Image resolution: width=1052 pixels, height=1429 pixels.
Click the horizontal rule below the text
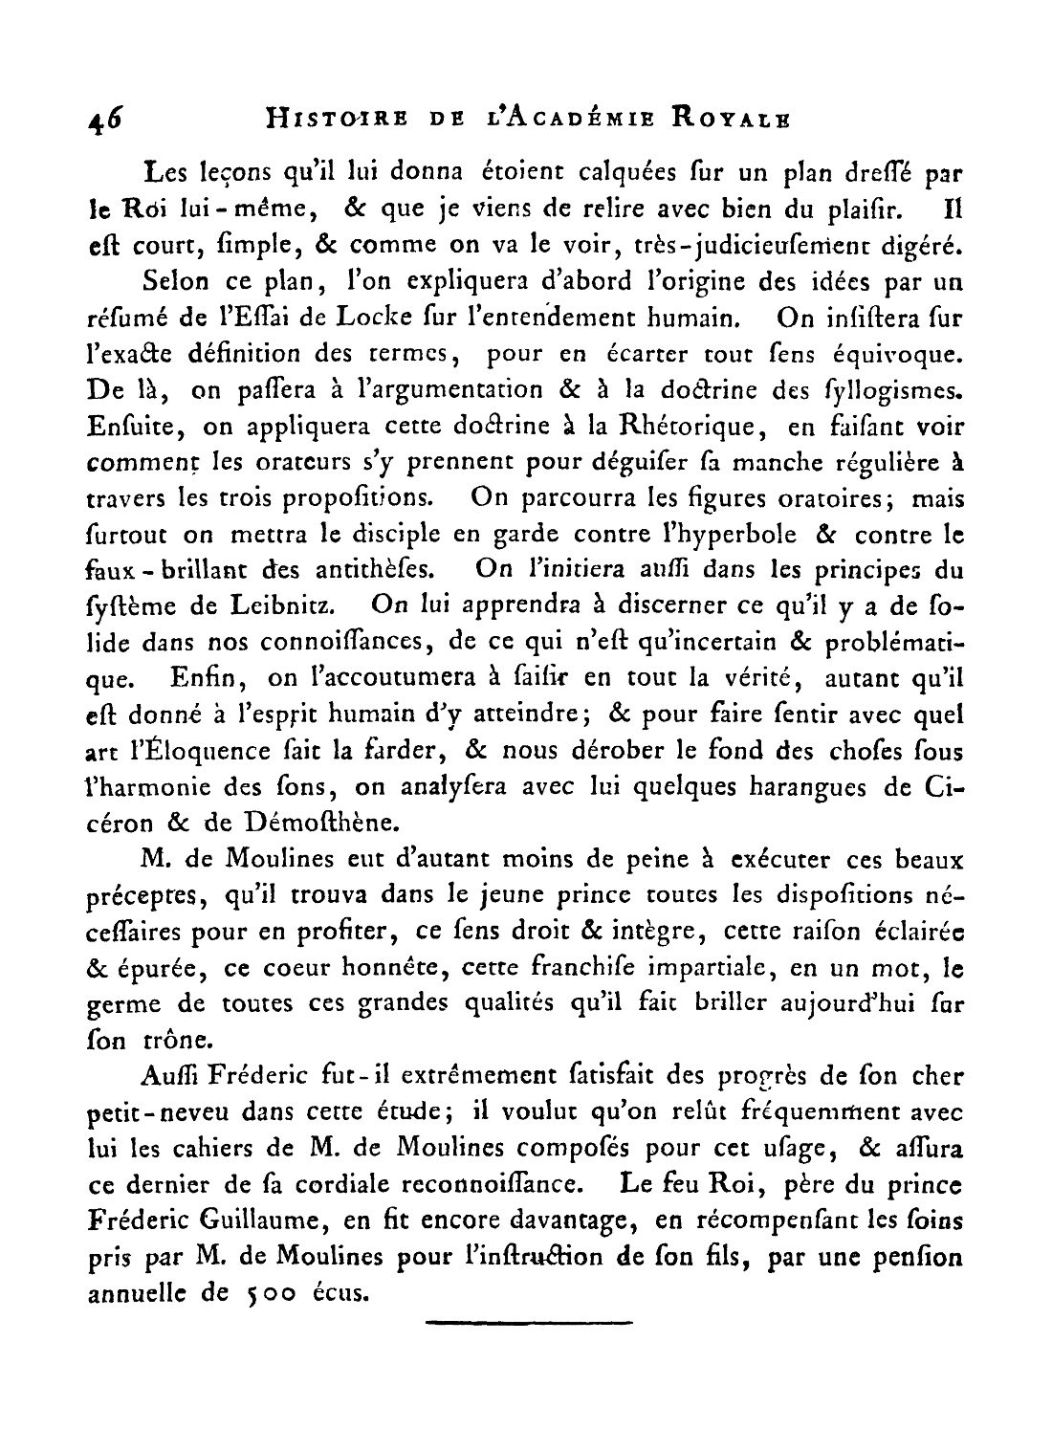pyautogui.click(x=528, y=1323)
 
